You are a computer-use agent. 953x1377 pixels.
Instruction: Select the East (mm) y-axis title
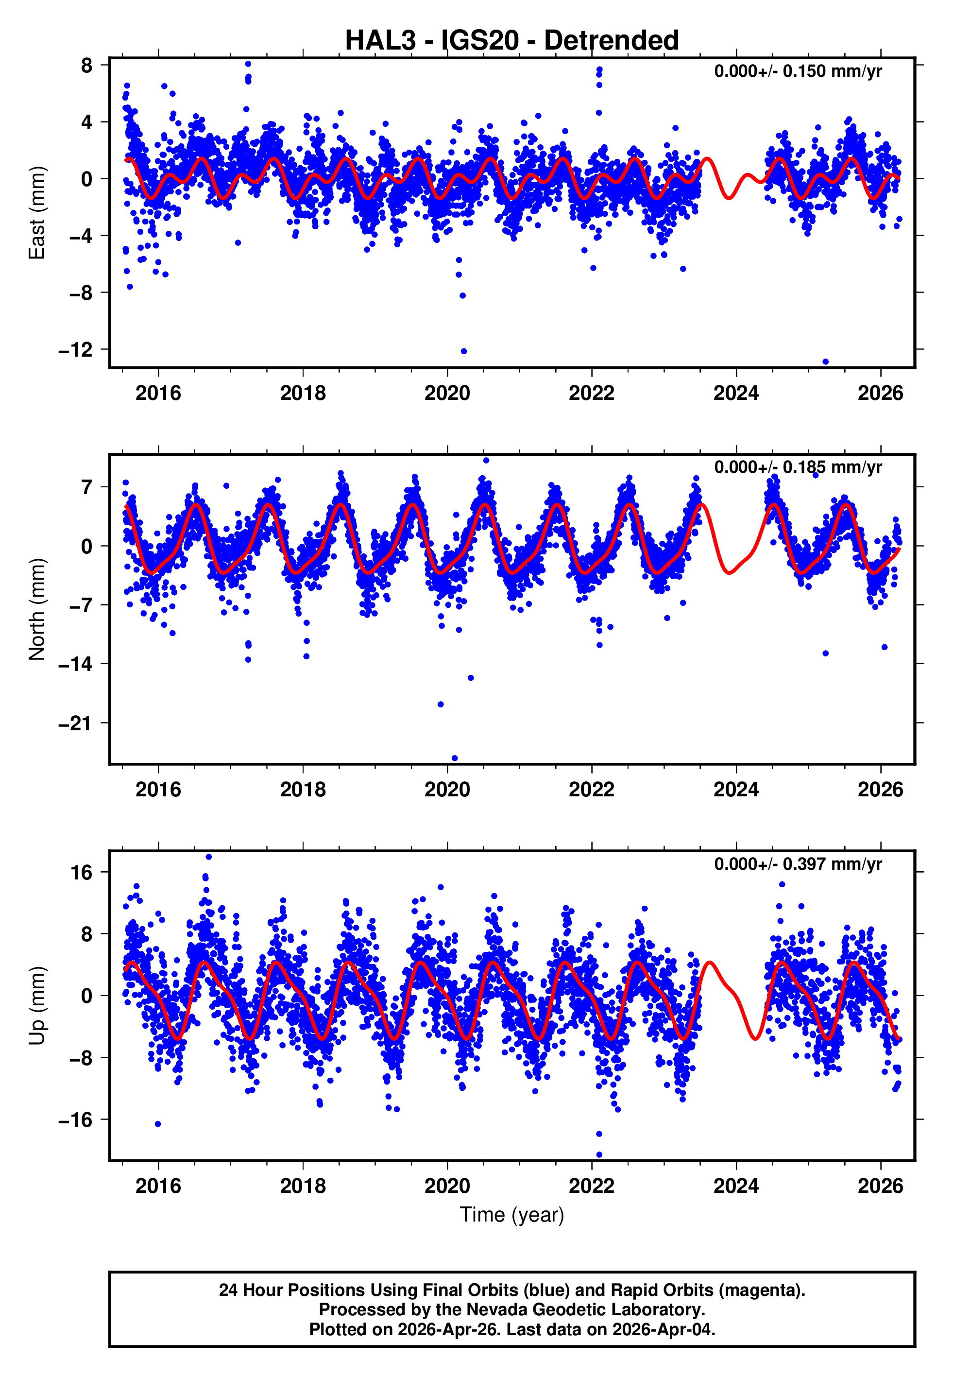click(x=37, y=213)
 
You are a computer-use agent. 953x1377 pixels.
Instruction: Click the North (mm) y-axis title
click(x=37, y=609)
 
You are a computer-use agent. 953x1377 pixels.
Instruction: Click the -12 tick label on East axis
click(x=75, y=350)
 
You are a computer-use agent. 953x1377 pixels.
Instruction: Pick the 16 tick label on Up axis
click(x=81, y=873)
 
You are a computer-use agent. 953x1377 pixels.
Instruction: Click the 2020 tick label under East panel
click(x=447, y=393)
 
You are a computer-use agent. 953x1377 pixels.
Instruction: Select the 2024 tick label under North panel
click(x=736, y=790)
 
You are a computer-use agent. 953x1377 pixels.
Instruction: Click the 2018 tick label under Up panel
click(x=303, y=1186)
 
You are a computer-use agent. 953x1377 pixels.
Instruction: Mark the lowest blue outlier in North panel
click(x=455, y=758)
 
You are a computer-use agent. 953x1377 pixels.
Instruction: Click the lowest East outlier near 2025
click(x=825, y=362)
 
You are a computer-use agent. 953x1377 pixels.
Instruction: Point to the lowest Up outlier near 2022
click(x=599, y=1154)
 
